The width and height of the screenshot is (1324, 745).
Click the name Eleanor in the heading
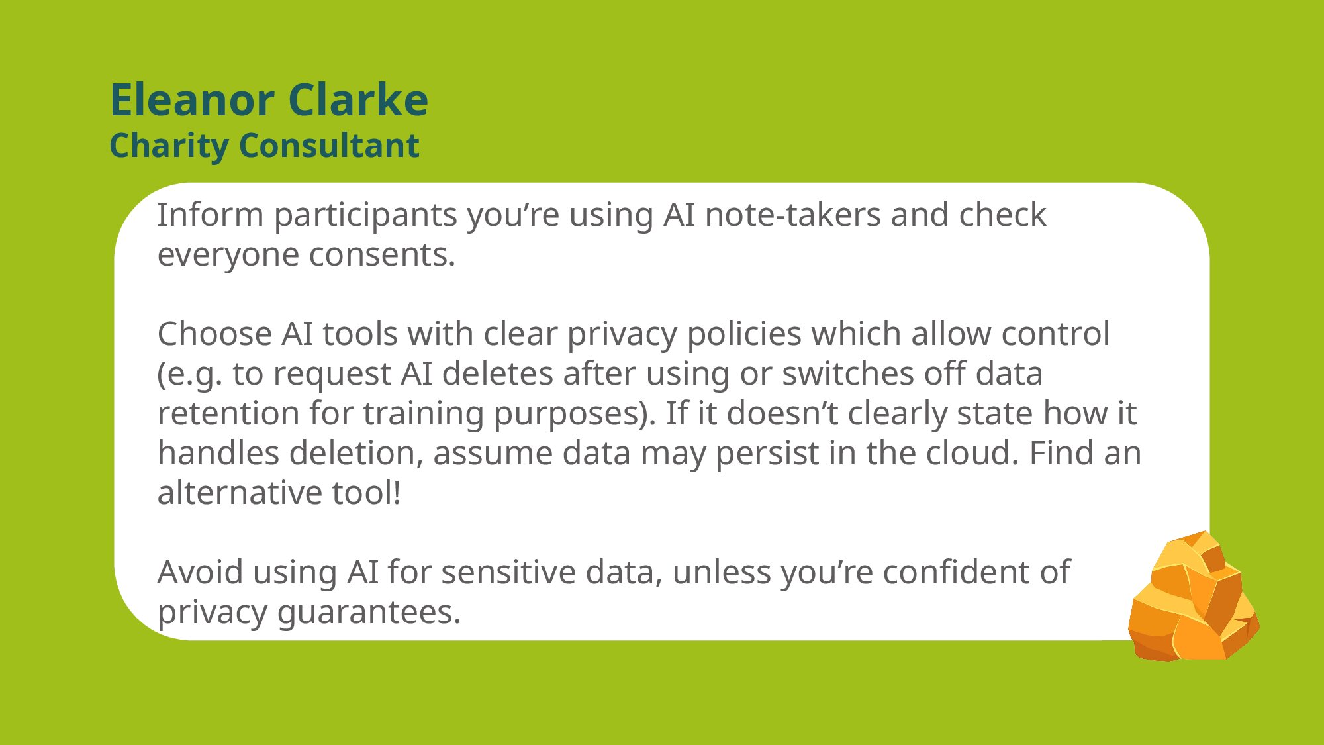point(192,100)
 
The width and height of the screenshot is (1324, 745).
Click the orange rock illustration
point(1194,596)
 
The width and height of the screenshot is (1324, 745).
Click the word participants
point(366,216)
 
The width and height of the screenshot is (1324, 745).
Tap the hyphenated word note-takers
point(792,215)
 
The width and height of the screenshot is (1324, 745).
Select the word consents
point(382,255)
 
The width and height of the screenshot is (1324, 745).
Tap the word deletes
point(497,373)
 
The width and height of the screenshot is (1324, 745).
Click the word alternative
point(240,493)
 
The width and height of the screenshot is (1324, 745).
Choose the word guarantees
point(369,613)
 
